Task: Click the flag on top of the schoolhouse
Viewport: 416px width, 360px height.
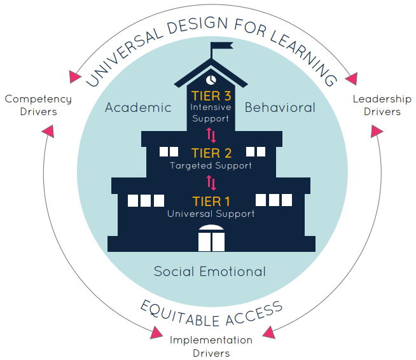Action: pyautogui.click(x=221, y=46)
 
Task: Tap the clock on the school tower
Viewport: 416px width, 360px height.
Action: pyautogui.click(x=211, y=80)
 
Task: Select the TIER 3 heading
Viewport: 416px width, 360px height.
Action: pyautogui.click(x=211, y=96)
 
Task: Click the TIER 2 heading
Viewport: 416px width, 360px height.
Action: pyautogui.click(x=211, y=153)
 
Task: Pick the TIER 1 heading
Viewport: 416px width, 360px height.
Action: pyautogui.click(x=211, y=202)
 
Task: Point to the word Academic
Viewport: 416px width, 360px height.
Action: pyautogui.click(x=138, y=107)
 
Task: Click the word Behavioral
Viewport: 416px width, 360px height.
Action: pyautogui.click(x=280, y=107)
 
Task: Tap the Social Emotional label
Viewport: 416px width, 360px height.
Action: pyautogui.click(x=210, y=272)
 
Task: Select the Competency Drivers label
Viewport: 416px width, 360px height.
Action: pyautogui.click(x=38, y=106)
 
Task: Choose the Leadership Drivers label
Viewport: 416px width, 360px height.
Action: pyautogui.click(x=382, y=106)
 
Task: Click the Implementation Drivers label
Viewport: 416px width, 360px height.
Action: pyautogui.click(x=211, y=347)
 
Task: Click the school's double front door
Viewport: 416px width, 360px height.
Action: pyautogui.click(x=211, y=239)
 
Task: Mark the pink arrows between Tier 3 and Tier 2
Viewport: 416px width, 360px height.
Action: pyautogui.click(x=211, y=135)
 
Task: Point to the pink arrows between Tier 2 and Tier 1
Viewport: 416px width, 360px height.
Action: pyautogui.click(x=211, y=183)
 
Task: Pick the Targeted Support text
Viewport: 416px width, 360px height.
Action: pyautogui.click(x=211, y=165)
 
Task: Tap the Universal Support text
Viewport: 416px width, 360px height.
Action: pyautogui.click(x=211, y=214)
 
